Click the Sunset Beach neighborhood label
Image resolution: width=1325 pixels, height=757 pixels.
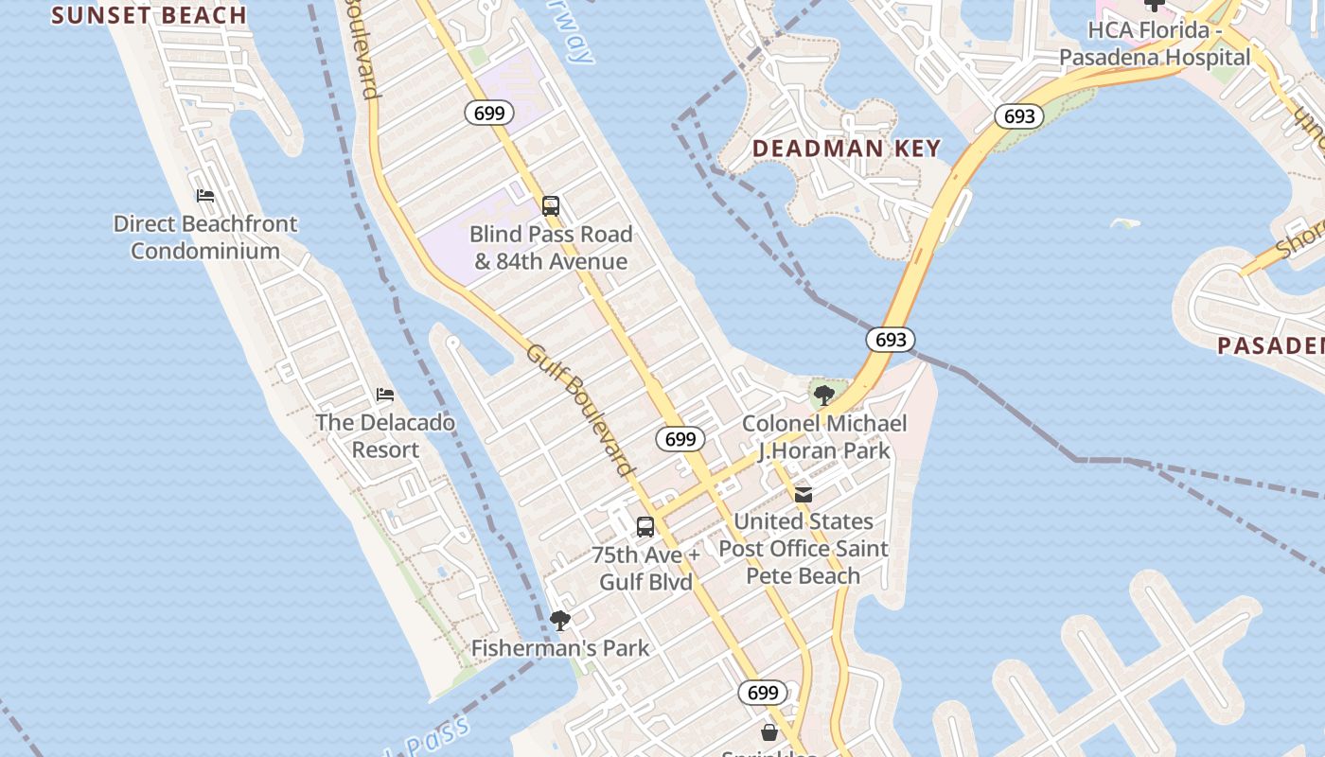pyautogui.click(x=149, y=15)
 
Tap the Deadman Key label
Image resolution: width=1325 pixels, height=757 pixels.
pyautogui.click(x=846, y=149)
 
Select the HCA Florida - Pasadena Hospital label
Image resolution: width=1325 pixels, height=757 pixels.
pyautogui.click(x=1154, y=44)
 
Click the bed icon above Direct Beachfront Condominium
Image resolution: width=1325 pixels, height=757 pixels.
pyautogui.click(x=205, y=196)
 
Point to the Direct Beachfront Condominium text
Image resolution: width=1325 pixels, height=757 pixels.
pyautogui.click(x=205, y=238)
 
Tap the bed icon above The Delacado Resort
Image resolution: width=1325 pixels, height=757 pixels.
pyautogui.click(x=385, y=395)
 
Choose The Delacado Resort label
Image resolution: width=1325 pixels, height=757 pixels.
pyautogui.click(x=385, y=436)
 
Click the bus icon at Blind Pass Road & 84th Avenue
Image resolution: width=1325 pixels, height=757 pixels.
pyautogui.click(x=551, y=205)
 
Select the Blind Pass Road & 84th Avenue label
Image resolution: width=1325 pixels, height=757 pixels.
pyautogui.click(x=551, y=248)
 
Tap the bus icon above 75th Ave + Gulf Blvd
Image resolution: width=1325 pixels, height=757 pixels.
pyautogui.click(x=645, y=527)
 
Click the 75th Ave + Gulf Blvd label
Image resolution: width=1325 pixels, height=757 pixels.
pyautogui.click(x=645, y=568)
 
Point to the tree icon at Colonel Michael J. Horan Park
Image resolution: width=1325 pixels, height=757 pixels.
pyautogui.click(x=823, y=395)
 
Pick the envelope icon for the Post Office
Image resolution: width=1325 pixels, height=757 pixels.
pyautogui.click(x=804, y=494)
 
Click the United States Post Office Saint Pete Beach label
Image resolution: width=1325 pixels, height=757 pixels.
pyautogui.click(x=804, y=549)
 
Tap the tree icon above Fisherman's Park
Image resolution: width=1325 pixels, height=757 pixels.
pyautogui.click(x=560, y=621)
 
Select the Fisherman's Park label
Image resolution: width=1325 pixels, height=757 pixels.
pyautogui.click(x=560, y=648)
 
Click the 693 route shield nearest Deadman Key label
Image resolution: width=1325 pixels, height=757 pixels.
pyautogui.click(x=1018, y=116)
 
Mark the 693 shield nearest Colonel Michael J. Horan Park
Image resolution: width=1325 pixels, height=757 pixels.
pyautogui.click(x=890, y=340)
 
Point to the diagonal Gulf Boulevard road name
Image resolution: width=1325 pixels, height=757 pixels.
pyautogui.click(x=579, y=410)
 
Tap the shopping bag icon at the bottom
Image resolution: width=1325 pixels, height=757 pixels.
pyautogui.click(x=769, y=732)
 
